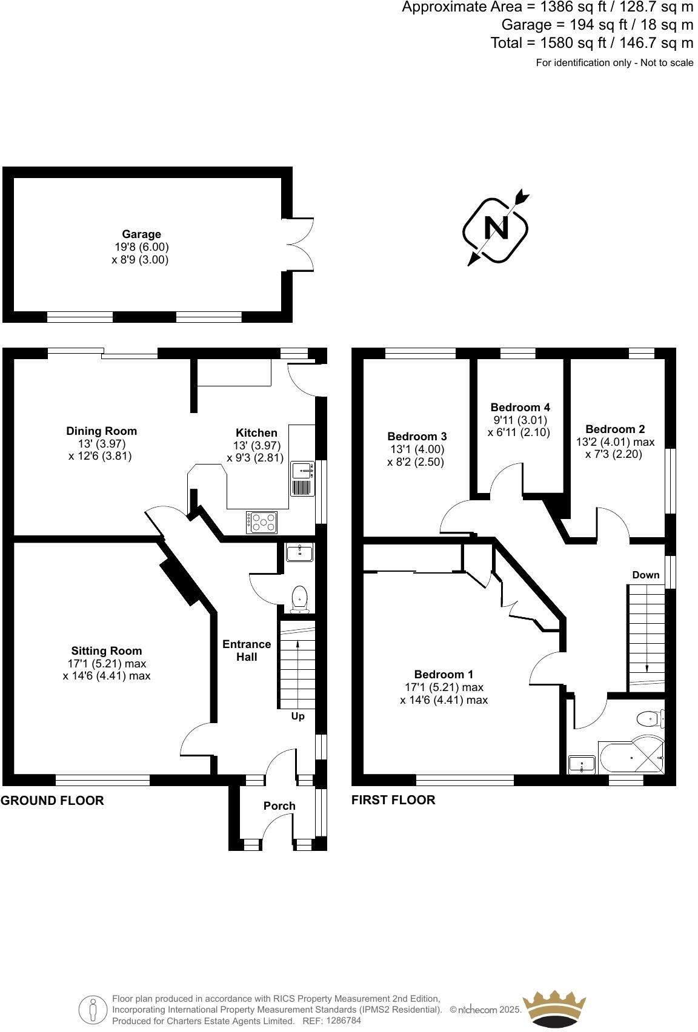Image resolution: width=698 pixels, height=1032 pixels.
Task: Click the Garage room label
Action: click(141, 234)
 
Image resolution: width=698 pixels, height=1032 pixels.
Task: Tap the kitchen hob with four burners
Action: click(262, 522)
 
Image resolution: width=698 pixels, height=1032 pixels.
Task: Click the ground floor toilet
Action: click(299, 598)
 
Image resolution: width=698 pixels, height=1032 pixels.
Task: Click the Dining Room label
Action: click(101, 431)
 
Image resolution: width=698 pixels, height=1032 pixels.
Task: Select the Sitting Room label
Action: click(106, 651)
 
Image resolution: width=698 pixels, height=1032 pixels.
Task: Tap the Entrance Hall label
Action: click(247, 650)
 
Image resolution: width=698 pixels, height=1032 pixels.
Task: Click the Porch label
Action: click(279, 806)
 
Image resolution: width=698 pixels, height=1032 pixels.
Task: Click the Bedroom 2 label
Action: click(615, 429)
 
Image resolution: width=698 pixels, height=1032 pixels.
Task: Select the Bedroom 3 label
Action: click(417, 437)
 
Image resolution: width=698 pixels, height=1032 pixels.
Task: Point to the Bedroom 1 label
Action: click(444, 675)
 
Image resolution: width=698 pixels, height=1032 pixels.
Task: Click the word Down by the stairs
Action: click(645, 575)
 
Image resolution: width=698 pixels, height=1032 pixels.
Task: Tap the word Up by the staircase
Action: click(297, 716)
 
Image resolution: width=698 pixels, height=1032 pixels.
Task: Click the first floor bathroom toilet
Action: click(649, 719)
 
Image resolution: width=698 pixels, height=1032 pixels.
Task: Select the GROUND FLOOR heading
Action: click(52, 801)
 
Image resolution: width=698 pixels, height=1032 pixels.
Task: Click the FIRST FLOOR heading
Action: click(393, 800)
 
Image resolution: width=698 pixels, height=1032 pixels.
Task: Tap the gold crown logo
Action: click(554, 1008)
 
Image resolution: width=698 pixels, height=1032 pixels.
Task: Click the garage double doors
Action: click(300, 244)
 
